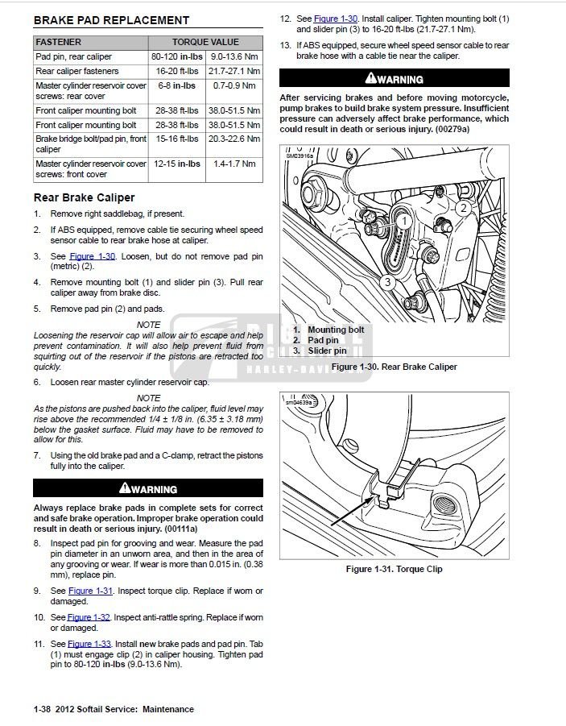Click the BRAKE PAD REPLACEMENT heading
[x=112, y=20]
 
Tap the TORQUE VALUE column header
[x=205, y=42]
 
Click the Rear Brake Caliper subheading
[x=84, y=197]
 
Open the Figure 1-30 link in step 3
[x=93, y=256]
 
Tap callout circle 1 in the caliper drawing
[x=404, y=219]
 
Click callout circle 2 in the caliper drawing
[x=463, y=208]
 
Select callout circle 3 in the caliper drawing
[x=387, y=282]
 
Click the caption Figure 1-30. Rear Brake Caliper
[x=394, y=367]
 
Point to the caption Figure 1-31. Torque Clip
[x=394, y=569]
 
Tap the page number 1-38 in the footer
[x=43, y=709]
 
